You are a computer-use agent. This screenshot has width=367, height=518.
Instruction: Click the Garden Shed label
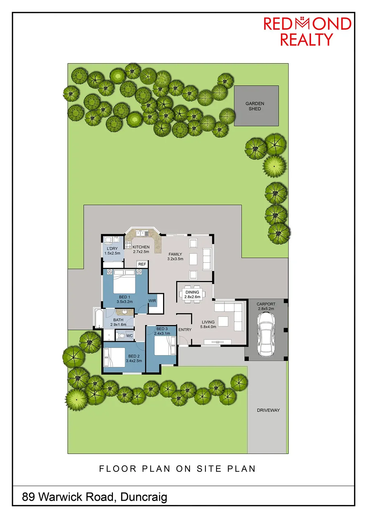click(255, 106)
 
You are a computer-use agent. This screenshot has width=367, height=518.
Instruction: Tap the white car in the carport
click(266, 334)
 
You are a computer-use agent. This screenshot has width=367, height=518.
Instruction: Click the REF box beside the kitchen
click(142, 264)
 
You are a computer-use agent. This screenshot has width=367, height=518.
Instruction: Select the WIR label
click(152, 301)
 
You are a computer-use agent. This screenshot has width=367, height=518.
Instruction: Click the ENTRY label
click(185, 330)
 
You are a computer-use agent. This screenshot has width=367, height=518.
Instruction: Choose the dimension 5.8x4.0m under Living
click(208, 327)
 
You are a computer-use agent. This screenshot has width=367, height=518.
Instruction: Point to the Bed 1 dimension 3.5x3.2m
click(125, 301)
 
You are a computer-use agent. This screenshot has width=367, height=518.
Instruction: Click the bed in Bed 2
click(115, 357)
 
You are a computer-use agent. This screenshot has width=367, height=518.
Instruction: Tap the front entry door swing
click(183, 340)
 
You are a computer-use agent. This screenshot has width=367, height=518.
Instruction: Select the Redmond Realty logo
click(307, 31)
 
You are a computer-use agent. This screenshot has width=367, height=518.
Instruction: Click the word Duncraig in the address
click(144, 497)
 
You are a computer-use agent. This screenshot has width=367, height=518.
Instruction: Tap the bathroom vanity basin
click(125, 312)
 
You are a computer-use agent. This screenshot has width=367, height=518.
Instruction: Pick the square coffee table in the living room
click(223, 321)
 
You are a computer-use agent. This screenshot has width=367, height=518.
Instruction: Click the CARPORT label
click(266, 304)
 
